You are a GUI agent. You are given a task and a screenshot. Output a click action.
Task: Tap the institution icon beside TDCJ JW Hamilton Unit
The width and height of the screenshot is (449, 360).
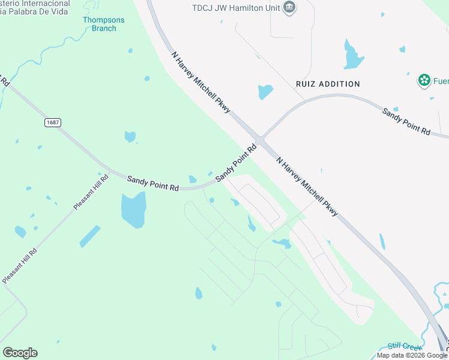coord(289,8)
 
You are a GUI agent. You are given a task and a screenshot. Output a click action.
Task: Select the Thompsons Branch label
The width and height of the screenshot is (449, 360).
coord(104,24)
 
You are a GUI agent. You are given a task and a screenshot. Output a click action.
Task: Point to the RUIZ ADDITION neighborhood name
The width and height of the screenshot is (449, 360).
coord(328,84)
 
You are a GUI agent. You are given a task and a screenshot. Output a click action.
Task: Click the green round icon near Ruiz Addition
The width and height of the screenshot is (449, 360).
coord(424,80)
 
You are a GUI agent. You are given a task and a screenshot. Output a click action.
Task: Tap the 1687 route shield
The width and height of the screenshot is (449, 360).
coord(53,122)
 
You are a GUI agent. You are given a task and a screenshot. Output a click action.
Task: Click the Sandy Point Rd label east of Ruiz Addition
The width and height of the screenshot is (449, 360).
coord(407,121)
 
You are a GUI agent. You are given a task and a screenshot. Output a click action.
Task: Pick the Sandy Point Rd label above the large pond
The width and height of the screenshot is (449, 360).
coord(153,183)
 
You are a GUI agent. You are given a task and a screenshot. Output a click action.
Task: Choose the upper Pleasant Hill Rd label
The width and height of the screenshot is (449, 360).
coord(91,191)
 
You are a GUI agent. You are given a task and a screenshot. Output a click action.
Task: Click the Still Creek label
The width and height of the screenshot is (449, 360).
coord(405,346)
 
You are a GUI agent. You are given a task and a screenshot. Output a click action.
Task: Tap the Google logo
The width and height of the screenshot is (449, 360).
coord(20,353)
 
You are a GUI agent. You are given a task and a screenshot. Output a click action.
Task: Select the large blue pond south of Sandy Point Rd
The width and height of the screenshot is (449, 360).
coord(133,211)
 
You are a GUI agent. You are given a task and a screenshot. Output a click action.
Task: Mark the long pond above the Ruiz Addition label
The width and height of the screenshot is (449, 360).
coord(353,55)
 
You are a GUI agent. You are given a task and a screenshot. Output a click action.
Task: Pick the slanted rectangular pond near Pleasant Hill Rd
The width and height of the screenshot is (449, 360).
coord(89,236)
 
